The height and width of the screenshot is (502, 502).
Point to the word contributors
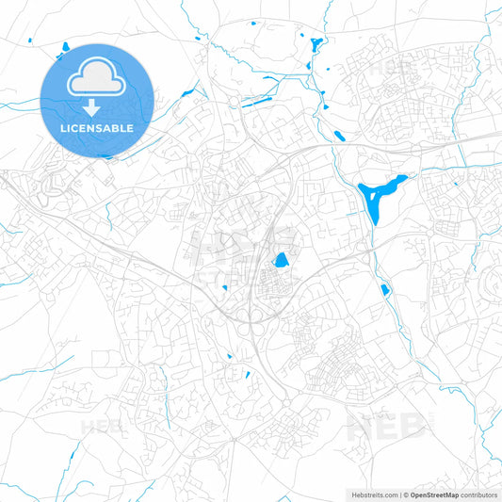(478, 494)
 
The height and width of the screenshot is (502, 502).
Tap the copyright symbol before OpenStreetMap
(405, 494)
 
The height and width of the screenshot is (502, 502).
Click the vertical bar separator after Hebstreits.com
(398, 494)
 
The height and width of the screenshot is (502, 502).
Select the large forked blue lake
(381, 197)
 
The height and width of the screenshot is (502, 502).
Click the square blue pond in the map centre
(281, 260)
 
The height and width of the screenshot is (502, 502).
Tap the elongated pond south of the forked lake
(385, 290)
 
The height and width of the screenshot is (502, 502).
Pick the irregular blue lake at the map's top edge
(314, 44)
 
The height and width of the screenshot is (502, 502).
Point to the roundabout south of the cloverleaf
(286, 407)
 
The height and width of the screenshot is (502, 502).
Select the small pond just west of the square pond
(225, 288)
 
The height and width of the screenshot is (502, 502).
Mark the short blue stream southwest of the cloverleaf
(229, 356)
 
